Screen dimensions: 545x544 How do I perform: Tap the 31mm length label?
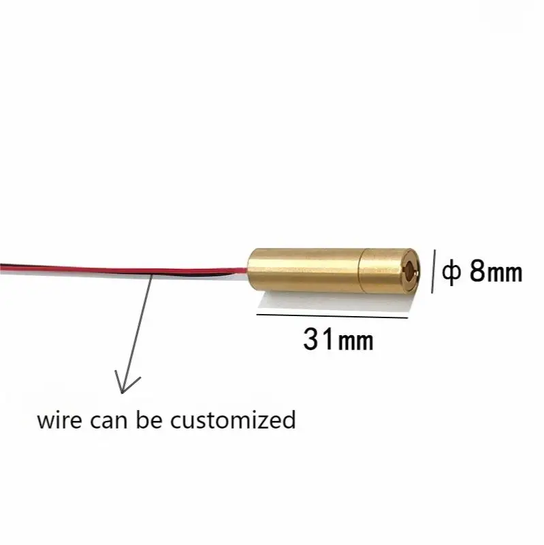(338, 339)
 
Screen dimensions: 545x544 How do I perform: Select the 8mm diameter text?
(494, 272)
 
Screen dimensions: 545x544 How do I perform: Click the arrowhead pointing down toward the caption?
(123, 386)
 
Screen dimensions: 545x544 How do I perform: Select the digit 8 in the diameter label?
(479, 272)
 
